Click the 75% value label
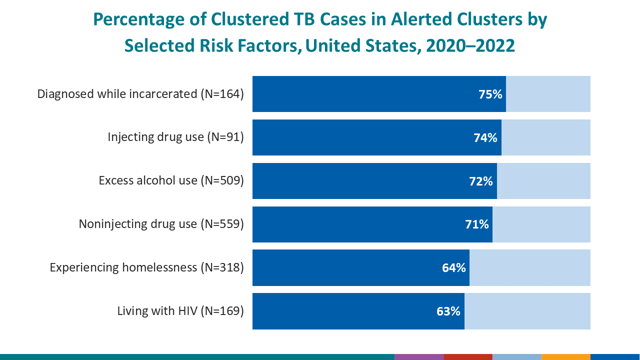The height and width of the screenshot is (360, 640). pos(490,94)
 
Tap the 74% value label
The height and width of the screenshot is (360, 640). pos(485,137)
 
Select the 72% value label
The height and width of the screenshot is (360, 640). pos(480,181)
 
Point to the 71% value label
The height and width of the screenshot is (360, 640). pos(476,224)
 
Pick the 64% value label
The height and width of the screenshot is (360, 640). pos(453,268)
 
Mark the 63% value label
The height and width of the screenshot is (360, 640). pos(448,311)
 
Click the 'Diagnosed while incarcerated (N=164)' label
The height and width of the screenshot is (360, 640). pos(140,94)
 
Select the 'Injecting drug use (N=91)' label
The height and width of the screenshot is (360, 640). pos(175,137)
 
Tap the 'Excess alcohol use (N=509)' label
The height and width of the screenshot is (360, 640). pos(171,180)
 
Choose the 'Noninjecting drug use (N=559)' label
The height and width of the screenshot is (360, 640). pos(161,224)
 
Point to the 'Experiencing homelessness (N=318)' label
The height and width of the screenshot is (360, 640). pos(146,267)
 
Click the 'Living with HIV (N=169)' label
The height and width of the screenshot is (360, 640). pos(180,311)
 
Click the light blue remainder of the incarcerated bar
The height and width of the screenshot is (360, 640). pos(548,94)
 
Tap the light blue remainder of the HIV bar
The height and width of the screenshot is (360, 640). pos(527,311)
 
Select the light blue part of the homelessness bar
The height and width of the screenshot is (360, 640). pos(530,268)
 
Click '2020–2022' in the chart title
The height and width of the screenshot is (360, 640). pos(470,45)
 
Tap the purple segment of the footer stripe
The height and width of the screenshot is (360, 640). pos(418,357)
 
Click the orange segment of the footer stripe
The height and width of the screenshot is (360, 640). pos(565,357)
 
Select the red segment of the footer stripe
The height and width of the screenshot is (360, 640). pos(467,357)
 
